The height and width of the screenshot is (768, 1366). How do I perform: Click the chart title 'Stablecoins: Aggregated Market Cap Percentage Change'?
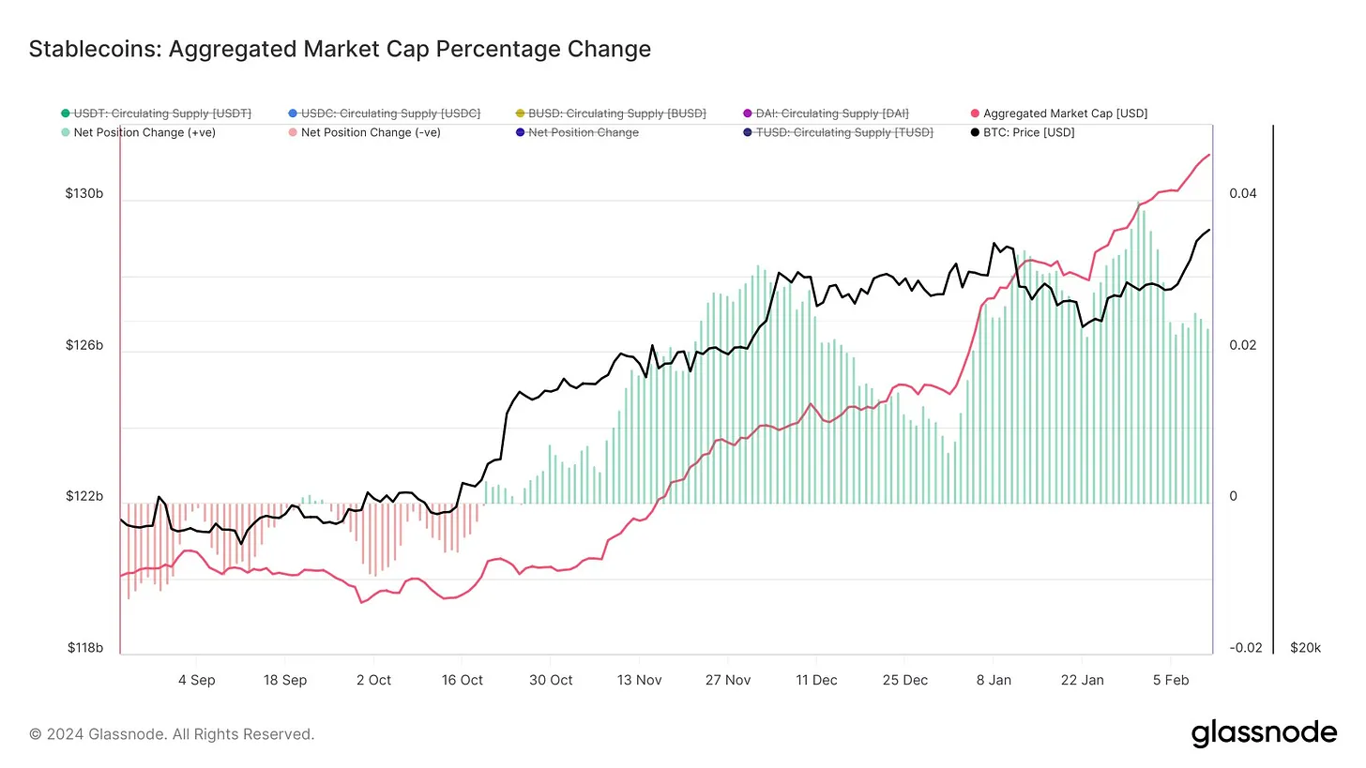(x=340, y=49)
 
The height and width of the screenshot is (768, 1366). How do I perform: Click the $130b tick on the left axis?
(x=84, y=194)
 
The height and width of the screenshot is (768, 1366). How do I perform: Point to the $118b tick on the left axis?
(x=84, y=648)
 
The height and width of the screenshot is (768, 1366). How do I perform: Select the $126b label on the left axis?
(x=84, y=346)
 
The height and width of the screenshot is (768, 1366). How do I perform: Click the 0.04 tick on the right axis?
(x=1242, y=194)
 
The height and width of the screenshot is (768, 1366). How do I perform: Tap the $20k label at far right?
(x=1305, y=648)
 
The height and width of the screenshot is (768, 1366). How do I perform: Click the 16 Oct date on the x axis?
(x=463, y=680)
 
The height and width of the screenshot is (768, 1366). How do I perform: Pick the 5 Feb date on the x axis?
(x=1171, y=680)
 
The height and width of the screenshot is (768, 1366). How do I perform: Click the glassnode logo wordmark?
(x=1264, y=733)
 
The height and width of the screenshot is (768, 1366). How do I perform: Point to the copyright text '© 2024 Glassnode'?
(x=172, y=734)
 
